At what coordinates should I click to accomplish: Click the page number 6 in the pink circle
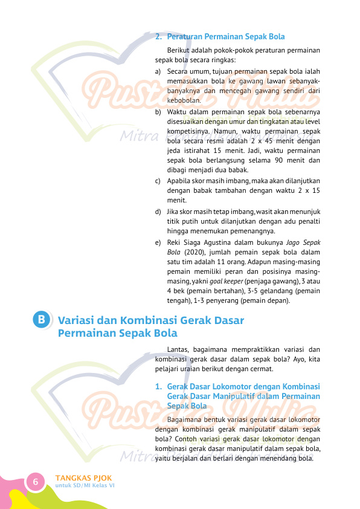(36, 482)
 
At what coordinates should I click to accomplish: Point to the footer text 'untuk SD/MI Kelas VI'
(85, 485)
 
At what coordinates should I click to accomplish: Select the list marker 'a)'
(158, 71)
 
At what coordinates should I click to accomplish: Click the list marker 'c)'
(158, 181)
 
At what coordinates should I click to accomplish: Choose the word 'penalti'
(308, 221)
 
